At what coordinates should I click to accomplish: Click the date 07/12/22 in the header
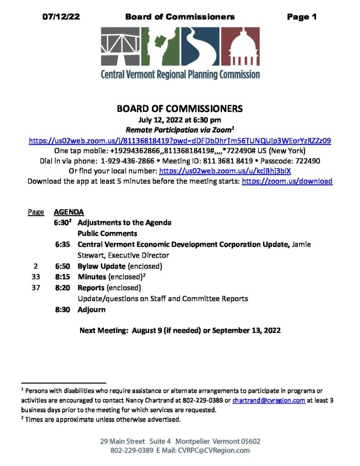pos(61,17)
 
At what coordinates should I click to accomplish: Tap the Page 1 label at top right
pos(301,17)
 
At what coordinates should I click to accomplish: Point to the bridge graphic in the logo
pos(120,46)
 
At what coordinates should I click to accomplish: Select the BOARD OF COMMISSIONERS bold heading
pos(180,109)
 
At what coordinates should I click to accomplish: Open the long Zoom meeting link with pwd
pos(180,141)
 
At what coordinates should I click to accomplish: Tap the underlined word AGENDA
pos(69,212)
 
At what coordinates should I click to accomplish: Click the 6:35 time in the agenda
pos(62,244)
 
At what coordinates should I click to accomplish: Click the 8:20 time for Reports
pos(62,288)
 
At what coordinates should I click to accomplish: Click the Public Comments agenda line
pos(107,233)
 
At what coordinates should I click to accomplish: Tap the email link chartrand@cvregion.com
pos(269,401)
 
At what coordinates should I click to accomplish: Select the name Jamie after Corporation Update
pos(302,244)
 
